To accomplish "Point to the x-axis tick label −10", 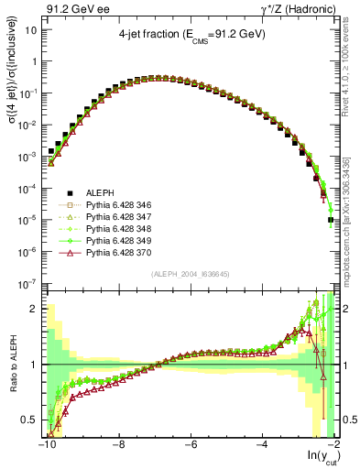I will (46, 444).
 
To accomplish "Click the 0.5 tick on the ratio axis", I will (30, 420).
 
